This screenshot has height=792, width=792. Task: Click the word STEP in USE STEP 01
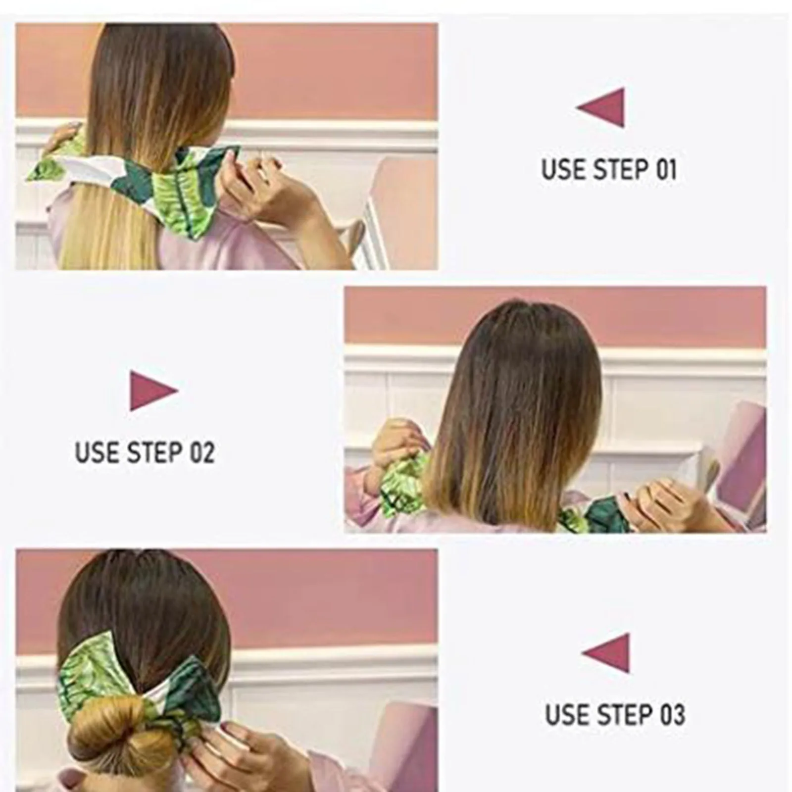click(x=621, y=170)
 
